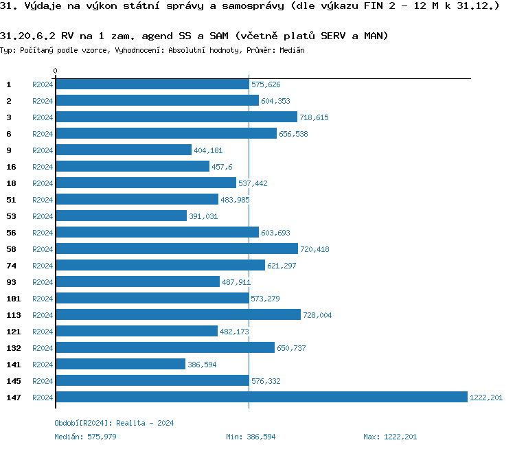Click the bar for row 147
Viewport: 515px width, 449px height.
[x=261, y=397]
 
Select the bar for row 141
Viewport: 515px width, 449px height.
[x=120, y=364]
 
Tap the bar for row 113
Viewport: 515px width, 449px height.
[x=178, y=314]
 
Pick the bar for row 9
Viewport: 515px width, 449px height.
[x=124, y=150]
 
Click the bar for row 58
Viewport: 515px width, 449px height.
[x=176, y=249]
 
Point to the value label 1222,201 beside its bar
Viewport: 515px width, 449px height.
[x=486, y=398]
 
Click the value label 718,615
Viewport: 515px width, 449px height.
[x=314, y=117]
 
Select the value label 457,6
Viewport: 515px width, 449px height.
[x=222, y=167]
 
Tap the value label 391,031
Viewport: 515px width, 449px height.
[x=203, y=216]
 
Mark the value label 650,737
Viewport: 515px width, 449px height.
[x=291, y=348]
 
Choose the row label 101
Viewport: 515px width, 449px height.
[x=12, y=298]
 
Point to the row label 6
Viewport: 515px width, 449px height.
[x=8, y=133]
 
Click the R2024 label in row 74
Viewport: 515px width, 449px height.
[x=43, y=266]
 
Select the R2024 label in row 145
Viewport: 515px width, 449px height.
[x=43, y=381]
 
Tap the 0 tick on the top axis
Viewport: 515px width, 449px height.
[x=55, y=71]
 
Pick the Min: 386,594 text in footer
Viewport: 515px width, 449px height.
[x=251, y=437]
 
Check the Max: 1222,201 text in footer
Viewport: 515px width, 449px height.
[x=390, y=437]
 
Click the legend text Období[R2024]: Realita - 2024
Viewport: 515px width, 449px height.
[x=114, y=423]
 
